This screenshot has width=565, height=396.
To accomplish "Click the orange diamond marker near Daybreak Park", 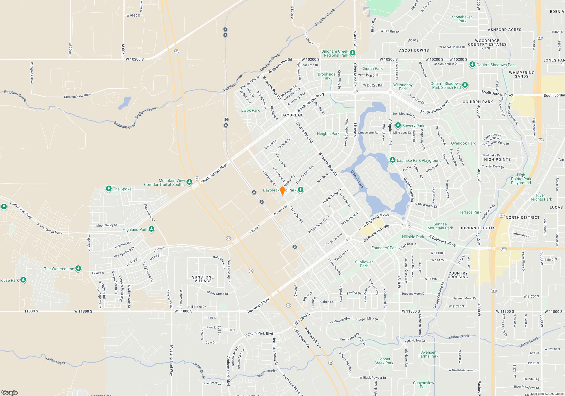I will coord(282,191).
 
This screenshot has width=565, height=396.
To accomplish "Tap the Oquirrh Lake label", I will coord(357,179).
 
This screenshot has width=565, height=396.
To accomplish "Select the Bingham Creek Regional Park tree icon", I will coord(352,53).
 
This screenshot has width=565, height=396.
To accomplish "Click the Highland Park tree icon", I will coord(151,229).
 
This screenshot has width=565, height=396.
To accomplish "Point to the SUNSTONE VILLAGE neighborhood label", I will coord(203,279).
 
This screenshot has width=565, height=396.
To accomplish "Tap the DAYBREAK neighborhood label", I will coord(292,115).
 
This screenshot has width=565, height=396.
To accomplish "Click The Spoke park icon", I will coord(109,189).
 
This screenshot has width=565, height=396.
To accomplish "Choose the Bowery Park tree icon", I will coord(398,125).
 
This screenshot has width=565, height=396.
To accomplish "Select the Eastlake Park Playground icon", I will coord(392,160).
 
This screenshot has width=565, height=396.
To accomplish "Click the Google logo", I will coord(9,392).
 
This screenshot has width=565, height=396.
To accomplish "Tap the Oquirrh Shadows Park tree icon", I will coord(472,64).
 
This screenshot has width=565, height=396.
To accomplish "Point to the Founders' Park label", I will coord(384,248).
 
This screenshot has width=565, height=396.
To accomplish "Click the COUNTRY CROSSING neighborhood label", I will coord(458,275).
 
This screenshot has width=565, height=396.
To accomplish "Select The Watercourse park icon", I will coord(78,268).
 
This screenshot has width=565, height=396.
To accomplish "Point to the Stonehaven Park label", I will coord(462,19).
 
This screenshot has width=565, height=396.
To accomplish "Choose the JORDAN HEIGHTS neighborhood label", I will coord(477,228).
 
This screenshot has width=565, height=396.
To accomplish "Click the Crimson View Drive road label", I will coord(77,96).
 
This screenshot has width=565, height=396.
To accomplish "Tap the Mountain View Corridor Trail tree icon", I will coord(189,182).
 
